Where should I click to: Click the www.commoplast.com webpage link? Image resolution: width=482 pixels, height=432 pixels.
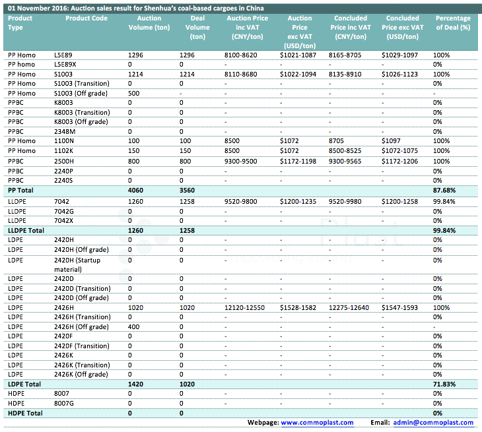point(317,422)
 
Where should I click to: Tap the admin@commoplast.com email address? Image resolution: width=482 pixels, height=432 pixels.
point(432,422)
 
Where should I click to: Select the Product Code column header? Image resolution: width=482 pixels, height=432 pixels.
point(86,18)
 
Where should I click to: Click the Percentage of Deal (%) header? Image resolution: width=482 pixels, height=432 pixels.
point(452,23)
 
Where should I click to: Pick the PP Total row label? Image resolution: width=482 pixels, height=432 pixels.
point(20,190)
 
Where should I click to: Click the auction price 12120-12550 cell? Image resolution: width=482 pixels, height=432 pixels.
point(244,308)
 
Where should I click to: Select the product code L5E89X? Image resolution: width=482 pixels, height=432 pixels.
point(65,65)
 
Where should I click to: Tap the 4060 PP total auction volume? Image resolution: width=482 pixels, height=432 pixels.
point(136,190)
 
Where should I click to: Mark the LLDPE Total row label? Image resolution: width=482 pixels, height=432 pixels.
point(26,231)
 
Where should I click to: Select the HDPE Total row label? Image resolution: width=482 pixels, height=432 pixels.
point(24,413)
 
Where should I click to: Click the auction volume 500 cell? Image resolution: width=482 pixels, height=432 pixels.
point(134,93)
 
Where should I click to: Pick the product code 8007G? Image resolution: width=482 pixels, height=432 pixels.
point(64,403)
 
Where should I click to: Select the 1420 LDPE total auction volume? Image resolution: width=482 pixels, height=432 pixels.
point(136,384)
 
